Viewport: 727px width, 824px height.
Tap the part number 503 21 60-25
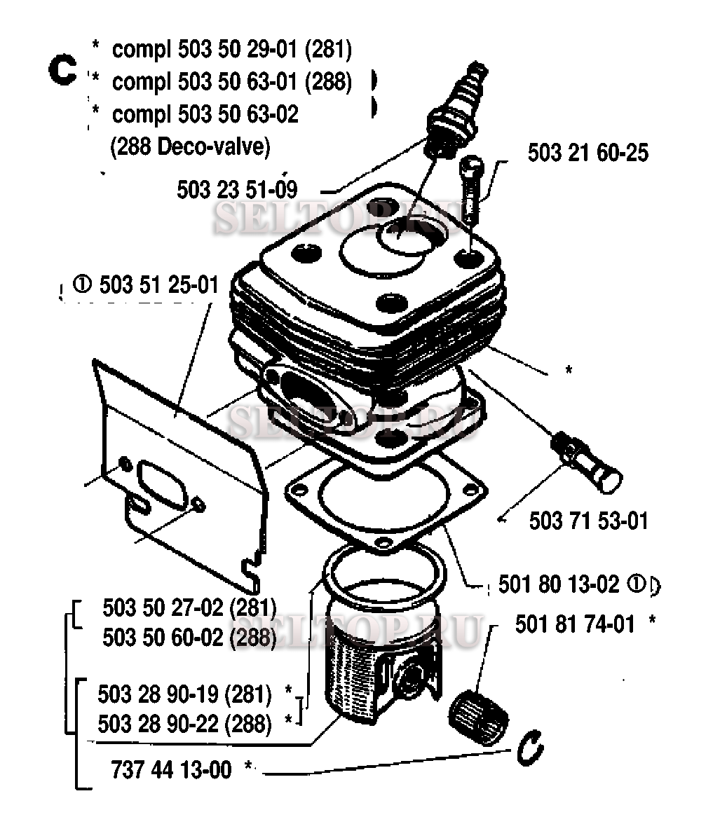point(587,153)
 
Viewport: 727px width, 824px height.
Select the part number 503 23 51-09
point(236,190)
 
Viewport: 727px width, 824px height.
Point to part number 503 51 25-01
point(158,284)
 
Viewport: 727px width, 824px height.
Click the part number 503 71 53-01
point(588,521)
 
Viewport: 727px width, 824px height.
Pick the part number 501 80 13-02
point(558,584)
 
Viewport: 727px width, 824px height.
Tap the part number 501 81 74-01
point(575,624)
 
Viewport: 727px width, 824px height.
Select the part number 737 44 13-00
point(171,770)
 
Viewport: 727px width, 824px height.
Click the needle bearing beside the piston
point(478,716)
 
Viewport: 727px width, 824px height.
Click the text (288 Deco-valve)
point(190,146)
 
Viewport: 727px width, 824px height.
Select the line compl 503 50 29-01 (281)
point(232,49)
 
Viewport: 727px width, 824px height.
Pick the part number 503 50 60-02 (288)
point(189,638)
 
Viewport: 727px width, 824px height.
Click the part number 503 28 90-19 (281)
point(184,694)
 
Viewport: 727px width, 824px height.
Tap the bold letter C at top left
point(62,70)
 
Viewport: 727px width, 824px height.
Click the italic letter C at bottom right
point(529,747)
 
